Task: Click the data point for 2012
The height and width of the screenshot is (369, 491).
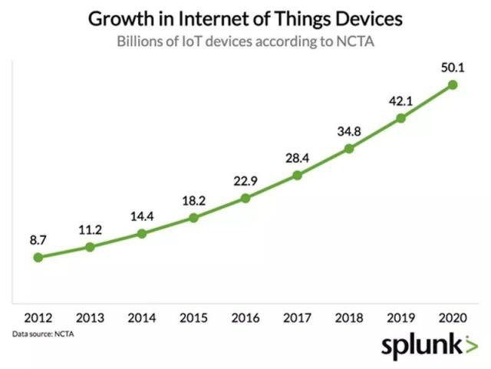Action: (x=38, y=257)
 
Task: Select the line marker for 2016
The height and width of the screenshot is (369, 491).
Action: (x=245, y=198)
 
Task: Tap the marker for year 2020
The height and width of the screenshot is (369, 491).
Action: (x=453, y=84)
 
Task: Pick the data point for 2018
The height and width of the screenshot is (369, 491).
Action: (x=349, y=148)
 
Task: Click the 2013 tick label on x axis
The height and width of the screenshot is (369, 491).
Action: (x=90, y=318)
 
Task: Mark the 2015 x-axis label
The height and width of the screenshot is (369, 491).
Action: (x=193, y=318)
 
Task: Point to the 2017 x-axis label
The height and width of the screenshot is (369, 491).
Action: (x=297, y=318)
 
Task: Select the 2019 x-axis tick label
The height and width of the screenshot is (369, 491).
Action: (x=400, y=318)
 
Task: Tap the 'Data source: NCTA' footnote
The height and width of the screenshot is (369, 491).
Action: (x=44, y=334)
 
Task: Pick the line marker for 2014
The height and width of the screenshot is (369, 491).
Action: (x=142, y=232)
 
